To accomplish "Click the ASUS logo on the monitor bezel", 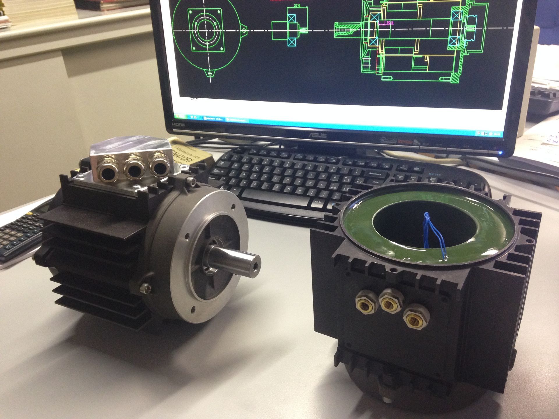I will (318, 135).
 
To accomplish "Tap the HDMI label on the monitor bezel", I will (178, 124).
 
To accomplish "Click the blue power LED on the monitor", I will (500, 152).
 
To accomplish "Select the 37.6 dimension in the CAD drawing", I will (297, 6).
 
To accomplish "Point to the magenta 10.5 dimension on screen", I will (390, 22).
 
